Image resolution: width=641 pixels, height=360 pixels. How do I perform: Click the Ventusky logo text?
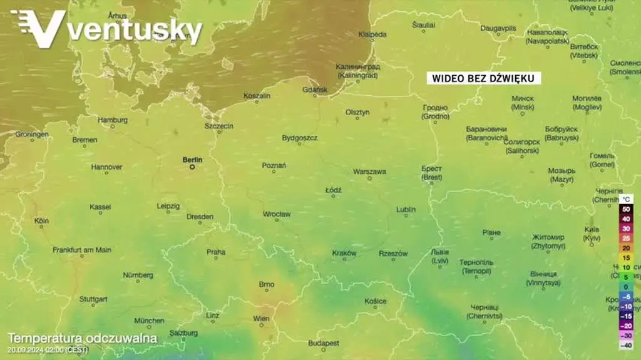pos(134,30)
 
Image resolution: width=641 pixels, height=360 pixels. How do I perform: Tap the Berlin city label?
pos(192,160)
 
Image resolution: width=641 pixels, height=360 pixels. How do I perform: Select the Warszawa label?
pos(369,171)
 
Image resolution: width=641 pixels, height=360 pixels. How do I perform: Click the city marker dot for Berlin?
pos(193,167)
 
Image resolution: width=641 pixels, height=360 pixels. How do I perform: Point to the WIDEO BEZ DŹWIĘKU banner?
pos(485,78)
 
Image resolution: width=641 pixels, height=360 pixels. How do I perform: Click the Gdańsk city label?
pos(314,90)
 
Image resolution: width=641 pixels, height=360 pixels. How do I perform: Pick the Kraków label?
pos(344,253)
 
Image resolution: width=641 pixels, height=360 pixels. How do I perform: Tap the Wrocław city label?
pos(276,214)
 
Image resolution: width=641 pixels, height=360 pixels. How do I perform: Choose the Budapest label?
pos(324,343)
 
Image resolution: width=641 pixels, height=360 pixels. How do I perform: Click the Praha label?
pos(216,252)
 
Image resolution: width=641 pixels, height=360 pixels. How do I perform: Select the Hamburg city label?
pos(113,120)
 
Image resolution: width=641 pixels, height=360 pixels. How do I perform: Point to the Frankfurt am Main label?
pos(82,250)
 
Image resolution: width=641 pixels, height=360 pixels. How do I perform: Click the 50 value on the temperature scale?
pos(625,209)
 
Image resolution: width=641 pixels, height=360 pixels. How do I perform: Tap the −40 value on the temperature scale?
pos(625,345)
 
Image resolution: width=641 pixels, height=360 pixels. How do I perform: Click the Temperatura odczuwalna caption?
pos(82,338)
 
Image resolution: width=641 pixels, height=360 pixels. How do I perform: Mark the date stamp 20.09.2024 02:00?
pos(48,349)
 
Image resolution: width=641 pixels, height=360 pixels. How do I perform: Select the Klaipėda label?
pos(372,34)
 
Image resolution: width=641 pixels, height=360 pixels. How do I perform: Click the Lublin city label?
pos(406,209)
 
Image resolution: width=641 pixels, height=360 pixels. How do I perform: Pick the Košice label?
pos(376,301)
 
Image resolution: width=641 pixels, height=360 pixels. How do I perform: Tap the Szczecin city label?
pos(218,126)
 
